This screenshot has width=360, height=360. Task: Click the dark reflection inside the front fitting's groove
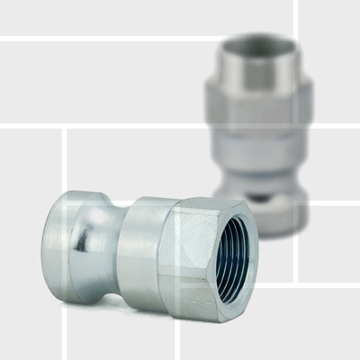(84, 238)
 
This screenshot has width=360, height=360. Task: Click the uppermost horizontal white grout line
(144, 38)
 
